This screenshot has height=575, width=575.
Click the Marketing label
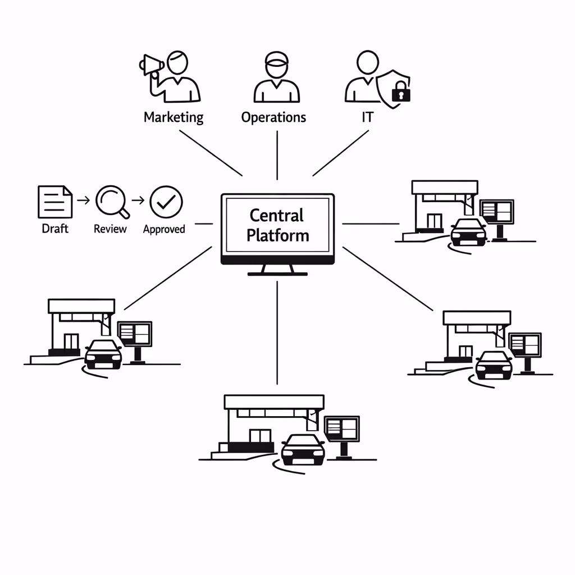pos(174,117)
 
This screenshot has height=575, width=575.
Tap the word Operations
pos(273,117)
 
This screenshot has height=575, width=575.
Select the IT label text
pos(368,117)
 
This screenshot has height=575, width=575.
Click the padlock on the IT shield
pos(400,92)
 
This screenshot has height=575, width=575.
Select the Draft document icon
pos(55,202)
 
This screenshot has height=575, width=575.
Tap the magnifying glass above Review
pos(111,202)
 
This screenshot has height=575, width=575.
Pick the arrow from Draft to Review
pos(83,199)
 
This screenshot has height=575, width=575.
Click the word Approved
pos(164,229)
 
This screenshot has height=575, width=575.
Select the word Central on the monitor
pos(276,216)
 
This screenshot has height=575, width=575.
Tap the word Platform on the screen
pos(278,235)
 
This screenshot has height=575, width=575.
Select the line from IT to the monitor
pos(341,153)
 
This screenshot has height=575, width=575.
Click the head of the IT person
pos(367,61)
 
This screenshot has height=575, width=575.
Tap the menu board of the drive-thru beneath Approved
pos(135,334)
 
